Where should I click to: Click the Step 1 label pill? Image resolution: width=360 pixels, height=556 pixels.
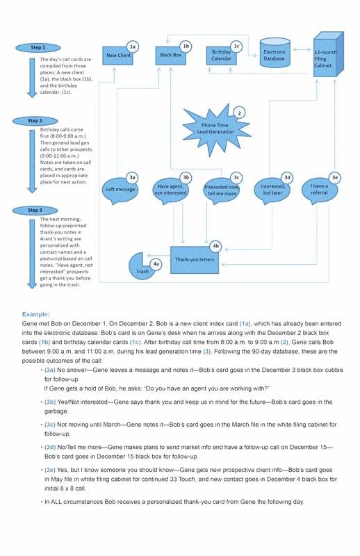[x=38, y=47]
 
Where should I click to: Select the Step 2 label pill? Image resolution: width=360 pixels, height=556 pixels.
[x=35, y=121]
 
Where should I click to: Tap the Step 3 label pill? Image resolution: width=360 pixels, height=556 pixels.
[x=35, y=210]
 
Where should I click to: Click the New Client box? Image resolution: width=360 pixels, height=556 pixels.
[x=118, y=55]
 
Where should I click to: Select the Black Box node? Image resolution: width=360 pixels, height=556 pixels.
[x=171, y=55]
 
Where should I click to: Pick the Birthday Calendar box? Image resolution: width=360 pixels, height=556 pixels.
[x=222, y=56]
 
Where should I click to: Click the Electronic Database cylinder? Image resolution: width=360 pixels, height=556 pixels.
[x=274, y=55]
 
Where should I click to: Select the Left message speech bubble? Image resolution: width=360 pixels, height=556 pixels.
[x=120, y=190]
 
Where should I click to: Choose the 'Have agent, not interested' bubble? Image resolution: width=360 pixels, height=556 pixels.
[x=171, y=190]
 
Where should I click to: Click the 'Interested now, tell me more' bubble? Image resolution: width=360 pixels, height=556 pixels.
[x=222, y=190]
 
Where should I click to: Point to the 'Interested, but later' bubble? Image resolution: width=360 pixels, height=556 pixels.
[x=272, y=190]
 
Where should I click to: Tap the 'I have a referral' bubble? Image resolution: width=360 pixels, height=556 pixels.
[x=319, y=189]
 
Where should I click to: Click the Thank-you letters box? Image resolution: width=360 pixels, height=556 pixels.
[x=195, y=259]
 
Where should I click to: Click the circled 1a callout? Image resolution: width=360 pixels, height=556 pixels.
[x=133, y=47]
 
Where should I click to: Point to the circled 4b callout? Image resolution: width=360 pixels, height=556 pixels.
[x=216, y=246]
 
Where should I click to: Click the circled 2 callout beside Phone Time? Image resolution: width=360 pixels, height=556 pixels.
[x=239, y=113]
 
